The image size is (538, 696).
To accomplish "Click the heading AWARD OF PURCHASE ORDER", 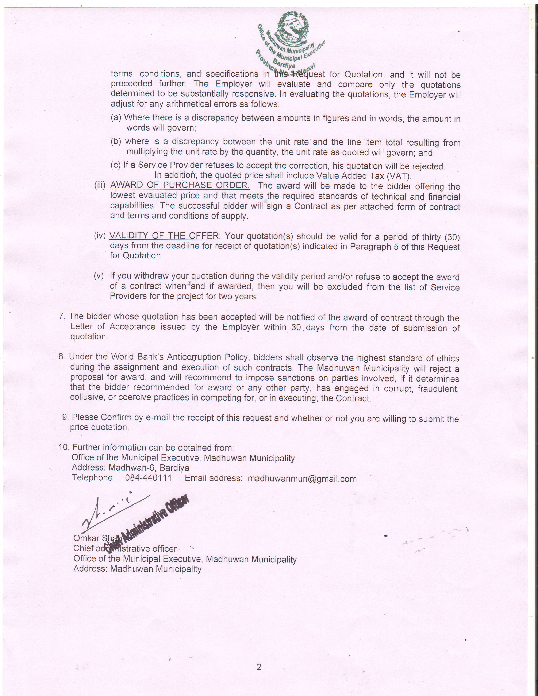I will pos(180,185).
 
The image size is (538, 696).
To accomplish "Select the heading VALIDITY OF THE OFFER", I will pos(165,236).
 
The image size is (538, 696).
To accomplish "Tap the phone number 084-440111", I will pos(148,478).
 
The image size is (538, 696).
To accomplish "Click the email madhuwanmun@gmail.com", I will pos(302,479).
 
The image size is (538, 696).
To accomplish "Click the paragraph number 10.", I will pos(64,447).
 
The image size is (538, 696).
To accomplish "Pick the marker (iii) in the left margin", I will pos(100,186).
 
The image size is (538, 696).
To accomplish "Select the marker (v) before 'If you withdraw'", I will pos(99,276).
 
